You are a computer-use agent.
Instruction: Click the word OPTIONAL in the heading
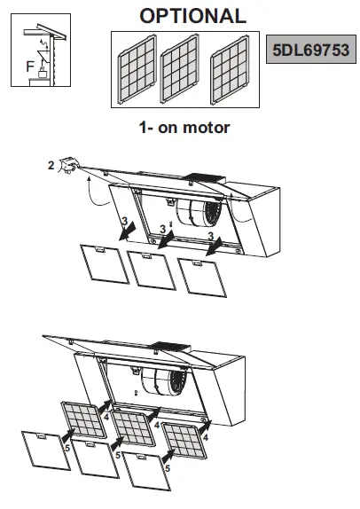[x=192, y=16]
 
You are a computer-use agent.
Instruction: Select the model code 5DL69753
[x=309, y=46]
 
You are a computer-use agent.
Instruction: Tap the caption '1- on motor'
[x=184, y=128]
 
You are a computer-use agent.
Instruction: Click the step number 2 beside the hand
[x=51, y=164]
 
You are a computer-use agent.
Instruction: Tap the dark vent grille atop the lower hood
[x=171, y=348]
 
